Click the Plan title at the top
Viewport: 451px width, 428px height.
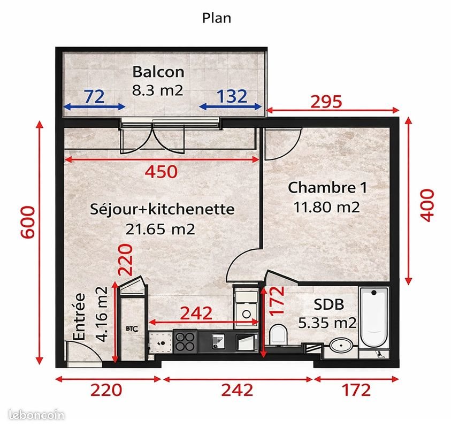(216, 18)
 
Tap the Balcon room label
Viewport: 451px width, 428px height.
(158, 72)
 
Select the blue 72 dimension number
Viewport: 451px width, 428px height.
(94, 96)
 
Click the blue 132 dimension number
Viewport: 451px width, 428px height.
(232, 96)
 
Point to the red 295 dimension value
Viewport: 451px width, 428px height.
(326, 102)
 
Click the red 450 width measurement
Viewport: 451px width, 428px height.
(161, 172)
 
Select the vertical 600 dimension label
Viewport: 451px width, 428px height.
(28, 222)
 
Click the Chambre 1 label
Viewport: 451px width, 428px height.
(327, 188)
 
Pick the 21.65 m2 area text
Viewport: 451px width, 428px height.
(160, 229)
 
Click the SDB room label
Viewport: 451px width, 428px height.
(329, 304)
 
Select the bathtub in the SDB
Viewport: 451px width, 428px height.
(374, 318)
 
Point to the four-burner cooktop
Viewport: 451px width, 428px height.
(185, 341)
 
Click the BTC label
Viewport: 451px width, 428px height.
(132, 329)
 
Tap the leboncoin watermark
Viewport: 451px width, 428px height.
(36, 415)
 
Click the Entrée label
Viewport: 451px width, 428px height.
(79, 317)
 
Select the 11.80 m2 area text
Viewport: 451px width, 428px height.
(327, 207)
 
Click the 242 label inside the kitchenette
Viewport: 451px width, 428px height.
(196, 313)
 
